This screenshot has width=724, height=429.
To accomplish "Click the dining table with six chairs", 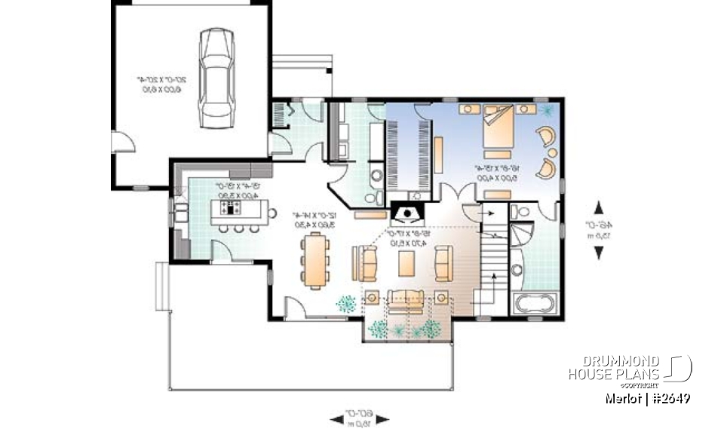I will [x=314, y=261].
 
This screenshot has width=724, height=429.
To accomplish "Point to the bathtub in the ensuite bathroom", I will [x=535, y=305].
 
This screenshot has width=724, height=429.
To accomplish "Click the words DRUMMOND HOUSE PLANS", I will [x=614, y=368].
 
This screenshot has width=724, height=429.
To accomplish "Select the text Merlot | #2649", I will [x=648, y=398].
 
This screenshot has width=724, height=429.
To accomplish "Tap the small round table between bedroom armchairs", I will [x=551, y=150].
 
